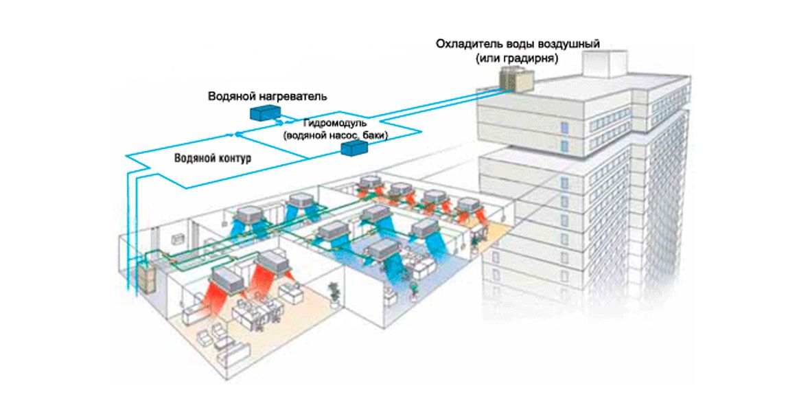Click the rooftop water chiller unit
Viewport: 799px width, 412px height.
[x=516, y=80]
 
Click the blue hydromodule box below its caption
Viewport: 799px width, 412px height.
[x=354, y=148]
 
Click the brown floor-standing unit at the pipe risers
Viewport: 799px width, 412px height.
[x=148, y=278]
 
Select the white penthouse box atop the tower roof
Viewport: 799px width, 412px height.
[x=605, y=63]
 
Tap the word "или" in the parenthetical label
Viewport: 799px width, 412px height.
[x=489, y=58]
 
